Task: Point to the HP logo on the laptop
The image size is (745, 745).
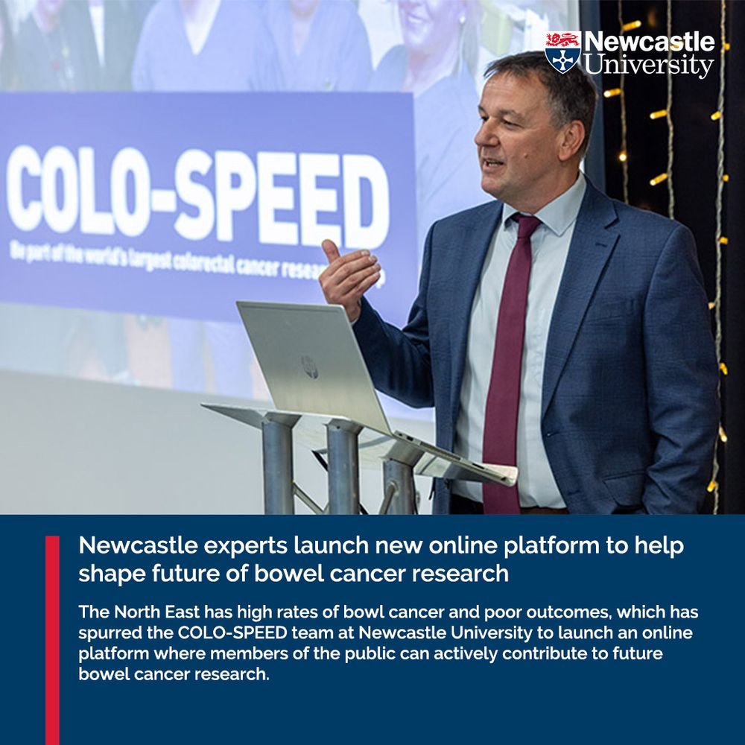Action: pos(309,366)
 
